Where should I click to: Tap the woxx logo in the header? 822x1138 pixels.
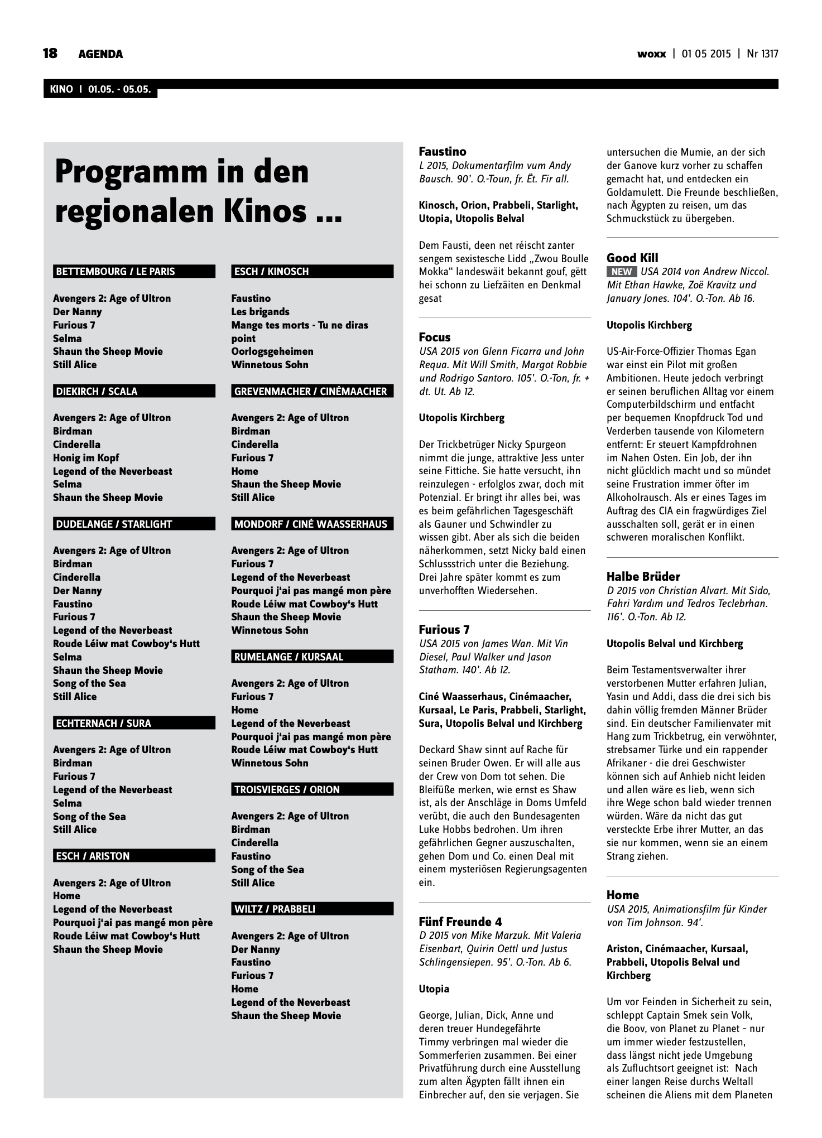click(x=651, y=54)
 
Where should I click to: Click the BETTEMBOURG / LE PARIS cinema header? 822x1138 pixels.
click(x=134, y=272)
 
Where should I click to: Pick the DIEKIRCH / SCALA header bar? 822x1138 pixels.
click(x=134, y=391)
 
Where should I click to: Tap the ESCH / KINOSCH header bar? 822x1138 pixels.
click(x=312, y=272)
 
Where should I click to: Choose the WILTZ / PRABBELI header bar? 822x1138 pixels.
click(x=312, y=909)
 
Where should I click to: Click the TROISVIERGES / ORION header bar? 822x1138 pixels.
click(x=312, y=789)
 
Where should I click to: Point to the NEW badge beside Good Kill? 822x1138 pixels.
click(x=621, y=272)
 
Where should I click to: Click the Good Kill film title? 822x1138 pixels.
click(x=632, y=258)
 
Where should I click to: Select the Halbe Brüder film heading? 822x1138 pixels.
click(x=643, y=576)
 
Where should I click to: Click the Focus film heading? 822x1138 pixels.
click(x=435, y=337)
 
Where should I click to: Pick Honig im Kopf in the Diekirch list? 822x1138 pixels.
click(x=86, y=458)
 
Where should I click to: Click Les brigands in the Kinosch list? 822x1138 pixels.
click(x=261, y=312)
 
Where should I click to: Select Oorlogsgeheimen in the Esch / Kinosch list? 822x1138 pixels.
click(x=272, y=351)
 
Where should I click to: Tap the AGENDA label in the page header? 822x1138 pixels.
click(x=100, y=54)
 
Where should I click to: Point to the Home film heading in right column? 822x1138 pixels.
click(x=623, y=895)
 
